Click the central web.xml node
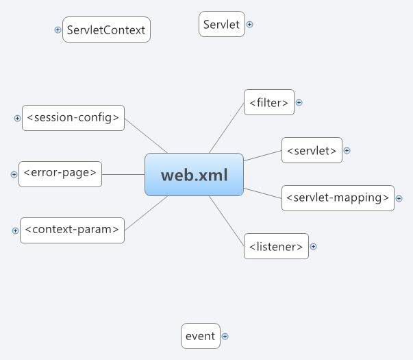(x=194, y=175)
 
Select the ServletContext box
(x=106, y=29)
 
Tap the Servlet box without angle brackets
(x=222, y=24)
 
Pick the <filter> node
(x=269, y=102)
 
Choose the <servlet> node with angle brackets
(x=312, y=150)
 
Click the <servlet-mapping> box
(x=338, y=198)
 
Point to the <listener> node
(x=276, y=246)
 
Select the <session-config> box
(x=73, y=118)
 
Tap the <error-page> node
(x=60, y=174)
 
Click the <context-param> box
(x=72, y=230)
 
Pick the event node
(x=201, y=336)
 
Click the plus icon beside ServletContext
(x=58, y=29)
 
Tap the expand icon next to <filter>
(x=299, y=103)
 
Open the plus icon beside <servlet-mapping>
(x=399, y=199)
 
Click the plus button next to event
(x=225, y=337)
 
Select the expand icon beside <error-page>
(x=14, y=175)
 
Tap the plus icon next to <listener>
(x=313, y=247)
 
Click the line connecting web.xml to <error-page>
(x=123, y=174)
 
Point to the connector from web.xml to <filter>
(x=227, y=128)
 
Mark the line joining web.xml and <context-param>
(x=146, y=213)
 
